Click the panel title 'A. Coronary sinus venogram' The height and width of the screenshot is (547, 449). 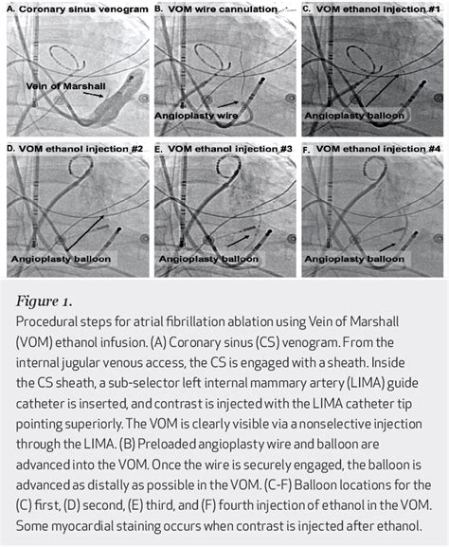point(77,9)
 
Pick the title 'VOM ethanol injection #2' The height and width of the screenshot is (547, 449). point(77,149)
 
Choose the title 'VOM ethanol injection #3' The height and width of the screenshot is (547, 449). point(225,149)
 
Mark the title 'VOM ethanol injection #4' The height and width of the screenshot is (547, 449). point(375,149)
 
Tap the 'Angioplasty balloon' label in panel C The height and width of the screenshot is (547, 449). point(347,115)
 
